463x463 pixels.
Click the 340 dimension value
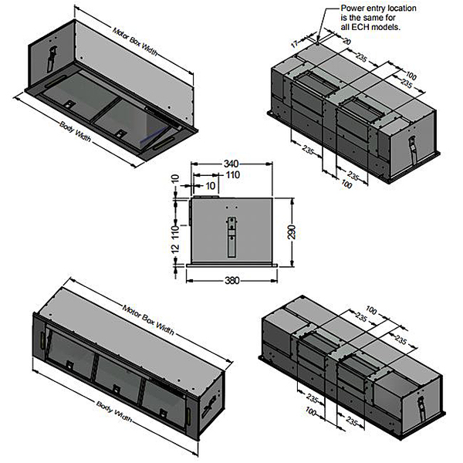click(x=231, y=164)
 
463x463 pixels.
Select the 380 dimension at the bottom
click(x=232, y=280)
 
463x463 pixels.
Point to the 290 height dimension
click(x=292, y=232)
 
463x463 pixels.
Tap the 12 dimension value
click(x=175, y=248)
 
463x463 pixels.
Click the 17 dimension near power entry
click(x=295, y=44)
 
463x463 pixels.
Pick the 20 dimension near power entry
click(x=346, y=41)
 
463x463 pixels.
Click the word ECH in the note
click(x=360, y=27)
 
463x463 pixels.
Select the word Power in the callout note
click(x=350, y=8)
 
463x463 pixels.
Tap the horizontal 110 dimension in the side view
click(x=233, y=175)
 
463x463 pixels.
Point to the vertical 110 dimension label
click(x=175, y=232)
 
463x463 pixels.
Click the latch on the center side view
click(x=231, y=237)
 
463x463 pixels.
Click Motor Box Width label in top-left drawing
click(x=134, y=42)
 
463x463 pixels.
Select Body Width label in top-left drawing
click(x=75, y=131)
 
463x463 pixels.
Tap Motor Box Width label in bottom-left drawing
click(x=148, y=320)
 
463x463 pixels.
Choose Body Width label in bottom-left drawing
click(x=114, y=411)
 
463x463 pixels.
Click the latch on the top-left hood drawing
click(x=52, y=59)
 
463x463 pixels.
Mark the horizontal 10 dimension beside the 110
click(x=210, y=186)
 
